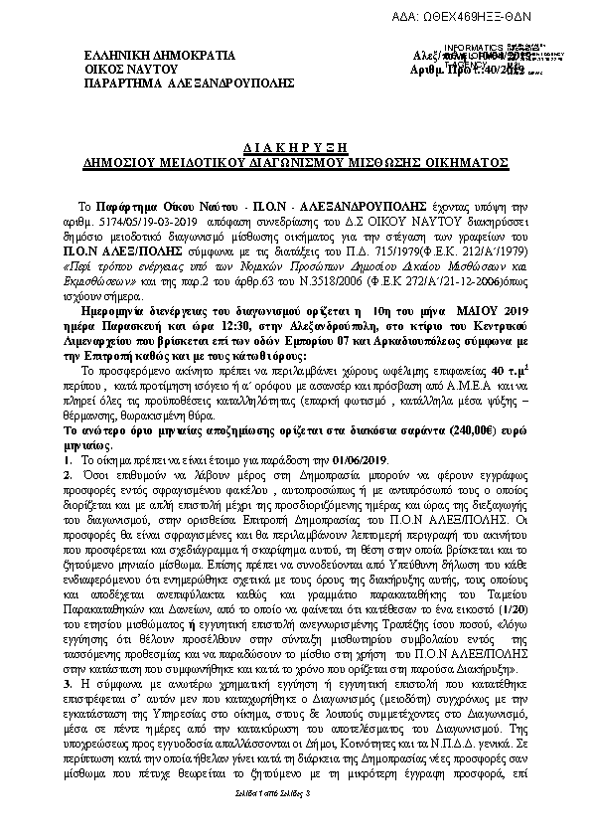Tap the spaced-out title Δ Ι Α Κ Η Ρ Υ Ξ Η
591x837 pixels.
[x=294, y=143]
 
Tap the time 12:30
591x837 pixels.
[x=226, y=326]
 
